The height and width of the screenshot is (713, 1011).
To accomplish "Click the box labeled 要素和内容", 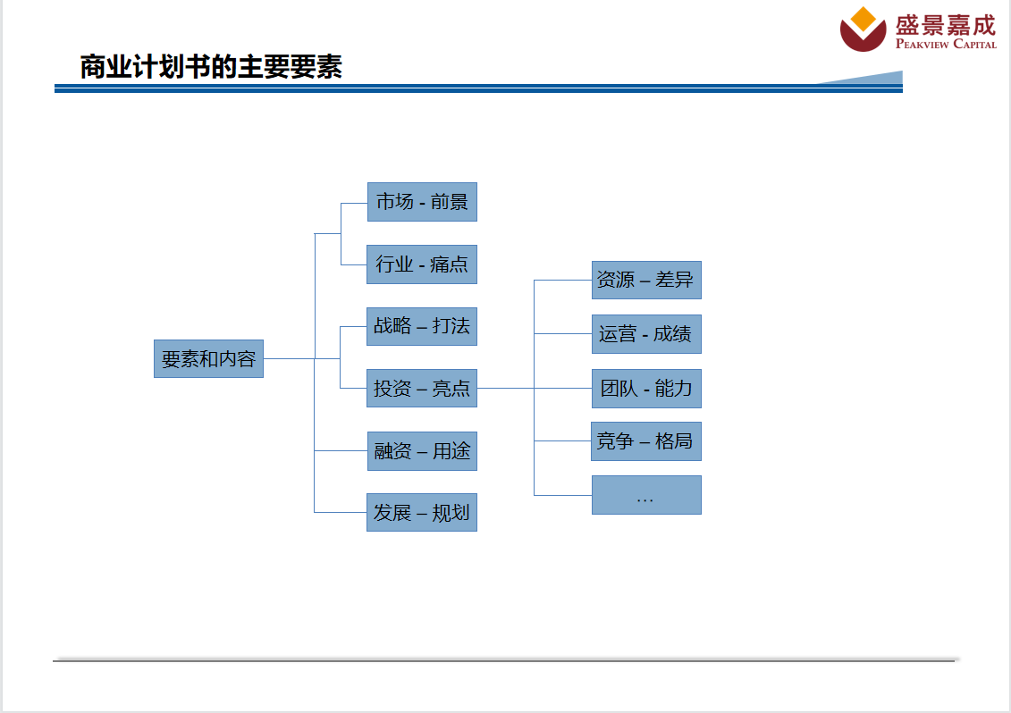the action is (208, 358).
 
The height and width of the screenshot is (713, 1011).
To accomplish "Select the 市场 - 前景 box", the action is (422, 202).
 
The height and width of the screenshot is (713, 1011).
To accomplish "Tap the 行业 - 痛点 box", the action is (422, 264).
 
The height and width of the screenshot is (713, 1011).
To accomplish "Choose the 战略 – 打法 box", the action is (422, 326).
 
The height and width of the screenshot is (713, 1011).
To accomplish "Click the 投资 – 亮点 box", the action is (422, 388).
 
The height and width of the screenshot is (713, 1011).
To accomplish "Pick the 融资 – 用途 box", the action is (422, 451).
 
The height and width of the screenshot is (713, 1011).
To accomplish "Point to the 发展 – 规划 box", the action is (422, 513).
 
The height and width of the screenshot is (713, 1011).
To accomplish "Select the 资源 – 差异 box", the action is (646, 280).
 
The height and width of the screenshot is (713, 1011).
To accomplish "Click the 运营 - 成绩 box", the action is (646, 334).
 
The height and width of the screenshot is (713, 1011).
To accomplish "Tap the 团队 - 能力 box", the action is (646, 389).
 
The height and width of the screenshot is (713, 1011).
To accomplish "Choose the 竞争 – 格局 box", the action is (646, 441).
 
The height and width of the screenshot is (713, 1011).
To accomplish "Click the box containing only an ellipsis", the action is (646, 495).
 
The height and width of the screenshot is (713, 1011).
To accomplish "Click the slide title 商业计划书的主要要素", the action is (211, 67).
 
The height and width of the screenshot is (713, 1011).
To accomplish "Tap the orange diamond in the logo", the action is (864, 19).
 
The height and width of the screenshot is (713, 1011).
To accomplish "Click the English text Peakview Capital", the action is (946, 44).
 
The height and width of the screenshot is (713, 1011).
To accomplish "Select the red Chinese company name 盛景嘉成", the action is (946, 24).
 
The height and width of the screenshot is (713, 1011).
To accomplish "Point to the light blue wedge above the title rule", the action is (877, 79).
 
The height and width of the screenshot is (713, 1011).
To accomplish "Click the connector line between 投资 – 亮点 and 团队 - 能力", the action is (535, 388).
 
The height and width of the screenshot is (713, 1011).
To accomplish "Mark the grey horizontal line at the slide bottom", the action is (504, 661).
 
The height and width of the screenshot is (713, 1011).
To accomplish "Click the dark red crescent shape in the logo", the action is (863, 40).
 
